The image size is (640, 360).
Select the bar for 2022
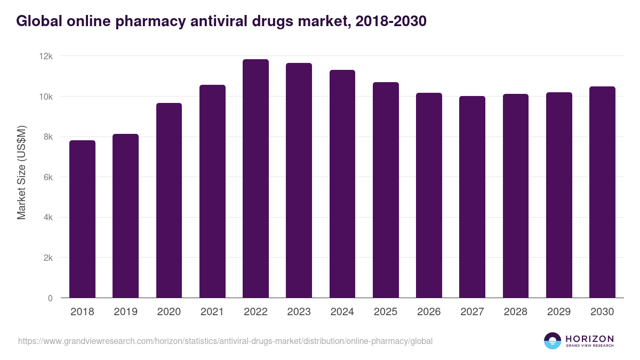[x=255, y=179]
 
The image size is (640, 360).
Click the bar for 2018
[x=83, y=219]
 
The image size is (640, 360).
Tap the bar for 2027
[x=472, y=197]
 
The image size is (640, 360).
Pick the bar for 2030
[x=602, y=192]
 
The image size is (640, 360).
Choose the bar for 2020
[x=169, y=201]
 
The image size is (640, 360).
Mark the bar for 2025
[x=386, y=190]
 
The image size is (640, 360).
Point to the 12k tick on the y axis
[x=47, y=56]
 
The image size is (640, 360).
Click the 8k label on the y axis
[x=49, y=137]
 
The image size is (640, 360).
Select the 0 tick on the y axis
[x=50, y=298]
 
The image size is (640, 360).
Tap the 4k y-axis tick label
[x=49, y=218]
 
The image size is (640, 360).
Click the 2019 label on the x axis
[x=125, y=312]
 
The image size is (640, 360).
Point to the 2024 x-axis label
[x=342, y=312]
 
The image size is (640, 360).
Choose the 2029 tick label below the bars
[x=558, y=312]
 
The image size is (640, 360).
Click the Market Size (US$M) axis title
[x=22, y=172]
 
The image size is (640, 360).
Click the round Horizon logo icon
[x=553, y=341]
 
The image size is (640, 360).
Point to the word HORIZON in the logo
[x=589, y=339]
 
